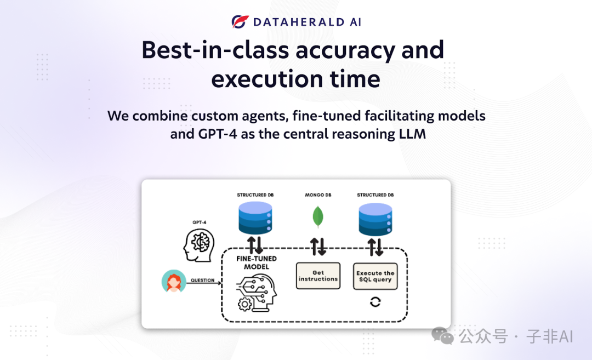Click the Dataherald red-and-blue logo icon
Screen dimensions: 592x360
(x=240, y=21)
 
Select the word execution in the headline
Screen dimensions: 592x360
(x=267, y=79)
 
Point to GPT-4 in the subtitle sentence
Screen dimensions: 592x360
(x=218, y=134)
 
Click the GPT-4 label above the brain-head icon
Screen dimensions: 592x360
(x=200, y=222)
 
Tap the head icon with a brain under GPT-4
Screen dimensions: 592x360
(x=199, y=245)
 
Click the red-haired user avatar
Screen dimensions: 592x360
(x=174, y=281)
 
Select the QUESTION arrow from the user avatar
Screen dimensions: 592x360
(x=204, y=283)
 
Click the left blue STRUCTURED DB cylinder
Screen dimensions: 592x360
(x=255, y=218)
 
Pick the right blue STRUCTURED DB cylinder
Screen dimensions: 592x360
(x=375, y=219)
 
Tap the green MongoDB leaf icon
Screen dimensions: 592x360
(x=318, y=217)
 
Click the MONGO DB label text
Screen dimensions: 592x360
(x=318, y=195)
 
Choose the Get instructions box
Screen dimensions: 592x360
(x=318, y=276)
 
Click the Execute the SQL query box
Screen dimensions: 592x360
(x=375, y=276)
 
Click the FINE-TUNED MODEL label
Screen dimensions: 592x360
(x=257, y=262)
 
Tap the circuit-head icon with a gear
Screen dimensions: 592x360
(x=257, y=293)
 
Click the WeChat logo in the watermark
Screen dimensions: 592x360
(x=442, y=335)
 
